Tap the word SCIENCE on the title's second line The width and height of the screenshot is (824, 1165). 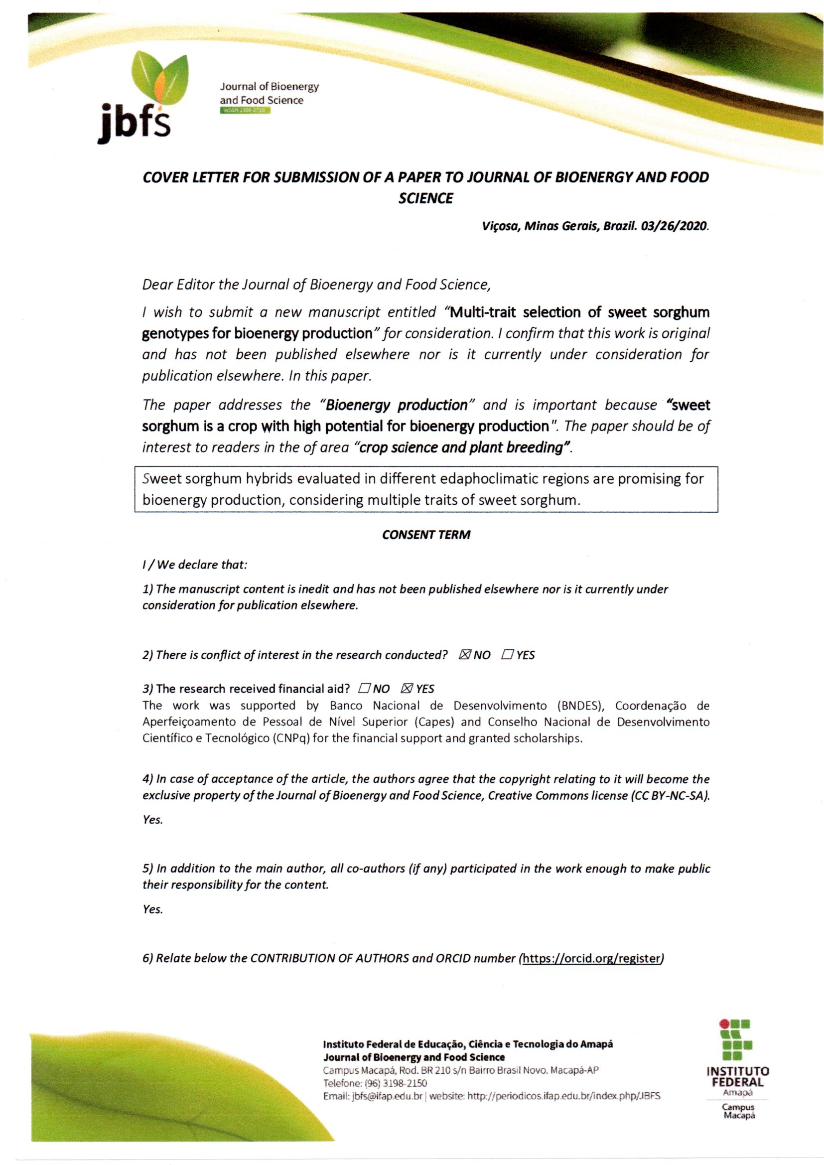coord(425,198)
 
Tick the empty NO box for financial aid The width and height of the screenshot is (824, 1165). coord(364,689)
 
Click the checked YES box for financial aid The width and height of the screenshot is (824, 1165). coord(407,689)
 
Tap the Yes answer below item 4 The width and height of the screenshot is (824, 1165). coord(152,820)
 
